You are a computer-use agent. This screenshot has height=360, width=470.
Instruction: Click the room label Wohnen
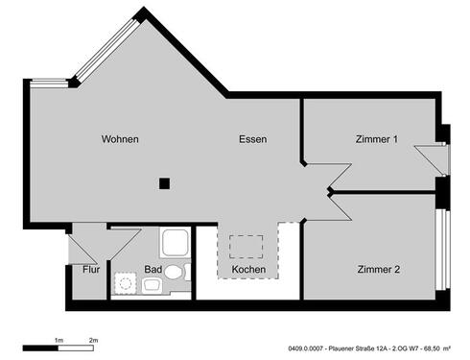pyautogui.click(x=120, y=139)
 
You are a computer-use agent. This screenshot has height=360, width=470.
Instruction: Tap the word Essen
pyautogui.click(x=253, y=139)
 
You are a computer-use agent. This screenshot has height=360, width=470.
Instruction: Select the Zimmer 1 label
pyautogui.click(x=376, y=139)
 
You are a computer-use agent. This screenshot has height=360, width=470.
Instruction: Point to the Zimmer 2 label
pyautogui.click(x=379, y=269)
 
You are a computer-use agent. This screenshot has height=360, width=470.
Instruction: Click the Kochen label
pyautogui.click(x=248, y=270)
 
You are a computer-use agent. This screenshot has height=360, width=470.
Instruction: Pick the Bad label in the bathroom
pyautogui.click(x=153, y=270)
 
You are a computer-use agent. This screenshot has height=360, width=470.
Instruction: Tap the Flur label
pyautogui.click(x=91, y=270)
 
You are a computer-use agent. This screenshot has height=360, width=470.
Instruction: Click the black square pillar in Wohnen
pyautogui.click(x=165, y=183)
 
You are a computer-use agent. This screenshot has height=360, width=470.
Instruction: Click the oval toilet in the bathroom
pyautogui.click(x=174, y=272)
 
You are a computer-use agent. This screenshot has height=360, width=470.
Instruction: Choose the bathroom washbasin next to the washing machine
pyautogui.click(x=152, y=285)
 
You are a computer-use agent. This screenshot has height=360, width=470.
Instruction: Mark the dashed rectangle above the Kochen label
pyautogui.click(x=247, y=246)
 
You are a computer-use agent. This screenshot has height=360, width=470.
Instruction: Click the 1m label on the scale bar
pyautogui.click(x=59, y=340)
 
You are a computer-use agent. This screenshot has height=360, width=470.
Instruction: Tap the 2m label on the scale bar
pyautogui.click(x=93, y=340)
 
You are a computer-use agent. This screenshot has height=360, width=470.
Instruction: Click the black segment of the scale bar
pyautogui.click(x=41, y=347)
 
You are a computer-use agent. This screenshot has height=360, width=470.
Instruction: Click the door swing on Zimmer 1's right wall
pyautogui.click(x=431, y=157)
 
